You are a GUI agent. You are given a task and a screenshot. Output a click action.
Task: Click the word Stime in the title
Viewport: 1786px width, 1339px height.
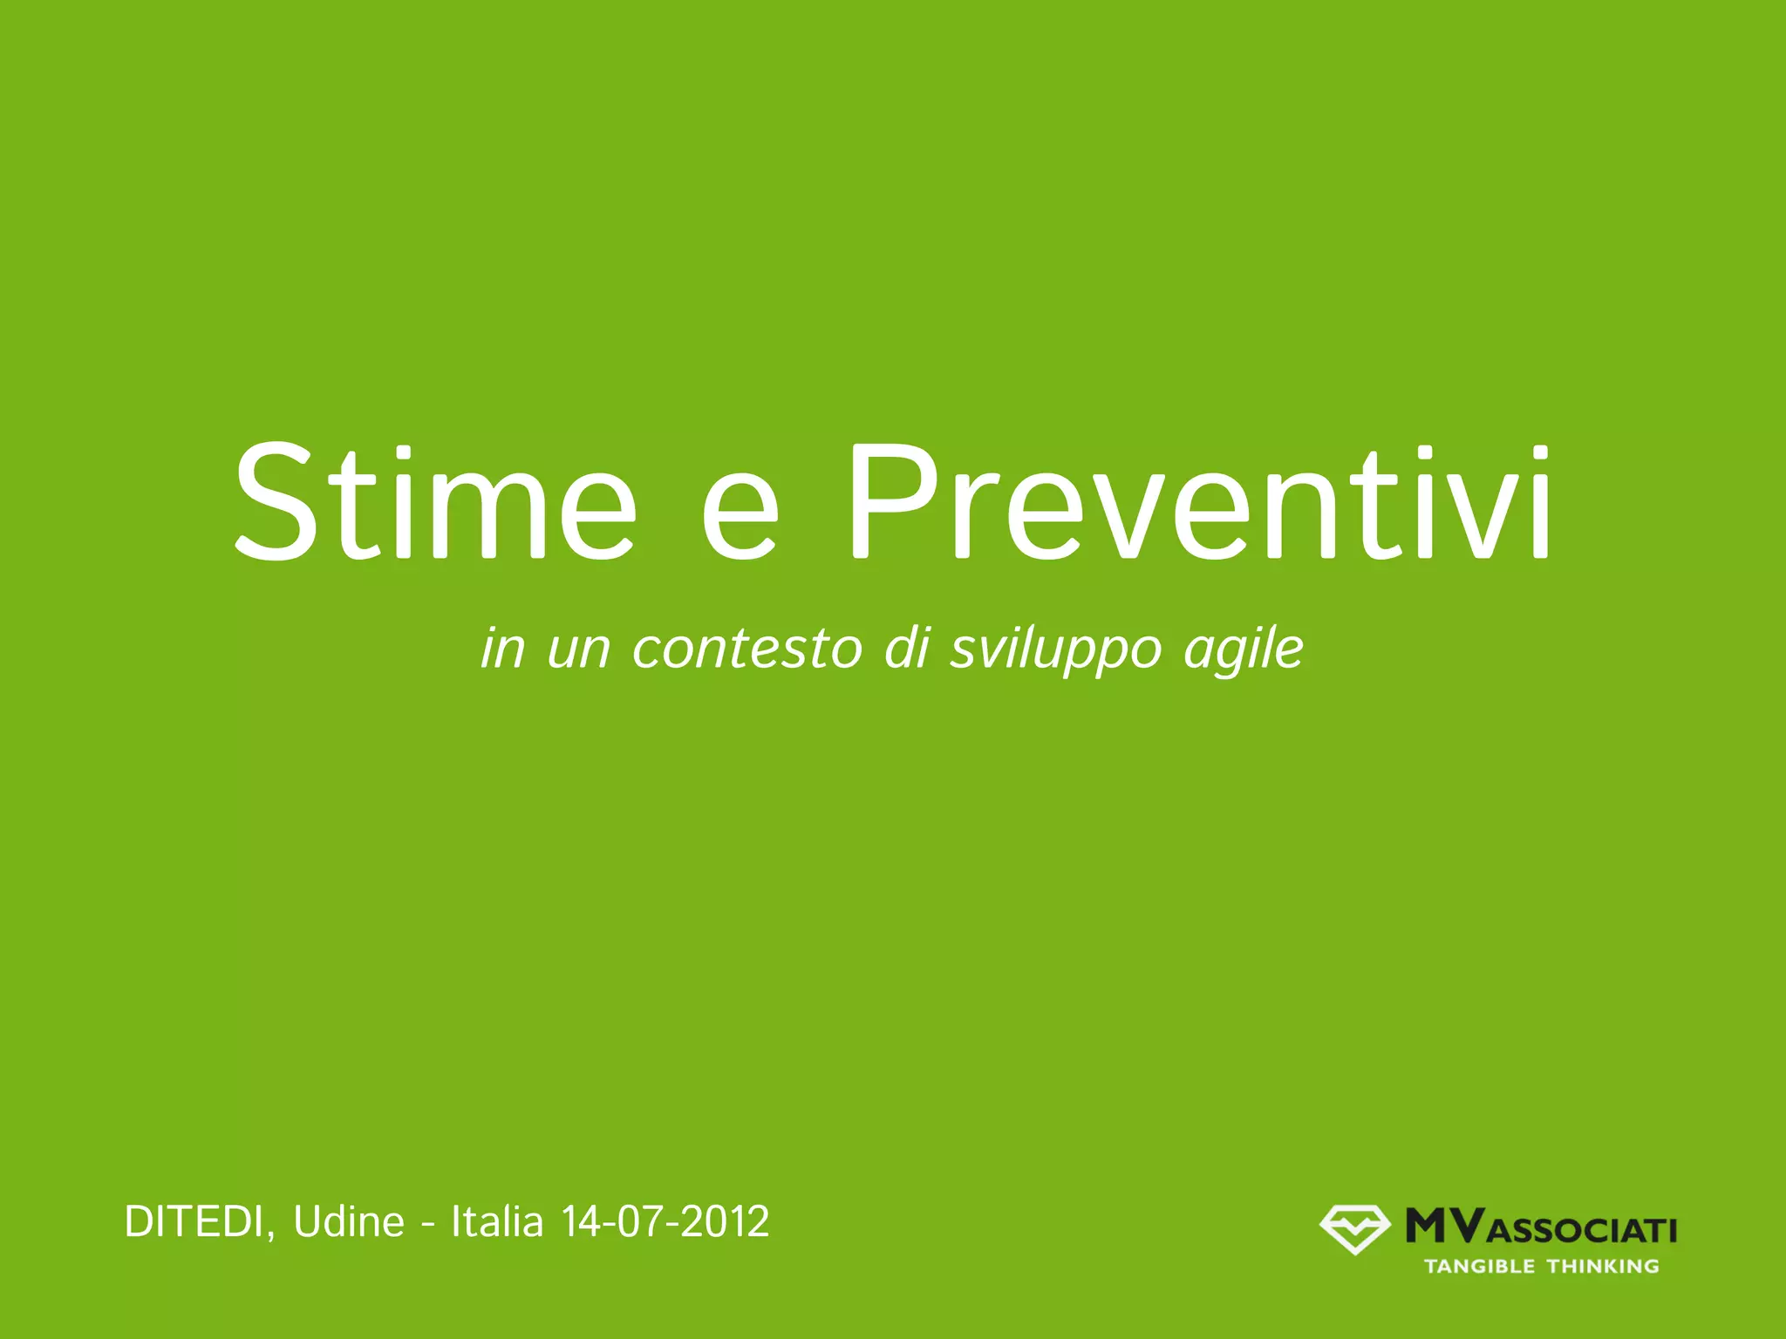pos(434,504)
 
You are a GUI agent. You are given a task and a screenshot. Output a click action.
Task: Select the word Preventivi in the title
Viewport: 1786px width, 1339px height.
pos(1199,504)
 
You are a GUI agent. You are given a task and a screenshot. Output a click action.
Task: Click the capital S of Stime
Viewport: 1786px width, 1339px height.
pos(275,504)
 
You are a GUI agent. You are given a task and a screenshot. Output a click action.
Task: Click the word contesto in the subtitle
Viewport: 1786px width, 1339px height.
pos(746,649)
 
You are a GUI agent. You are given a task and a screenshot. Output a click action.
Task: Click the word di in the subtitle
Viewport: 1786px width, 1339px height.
pos(906,649)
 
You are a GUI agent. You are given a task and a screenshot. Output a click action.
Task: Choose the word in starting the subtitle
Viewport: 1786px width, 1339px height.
pos(503,649)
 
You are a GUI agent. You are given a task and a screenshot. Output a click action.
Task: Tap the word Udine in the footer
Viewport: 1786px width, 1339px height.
pos(349,1222)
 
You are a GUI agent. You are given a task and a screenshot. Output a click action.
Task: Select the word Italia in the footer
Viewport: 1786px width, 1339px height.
pos(497,1222)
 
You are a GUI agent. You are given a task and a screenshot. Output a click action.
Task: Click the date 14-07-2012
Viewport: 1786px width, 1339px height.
pos(665,1222)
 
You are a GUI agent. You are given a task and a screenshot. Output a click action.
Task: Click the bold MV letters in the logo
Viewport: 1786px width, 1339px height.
pos(1444,1226)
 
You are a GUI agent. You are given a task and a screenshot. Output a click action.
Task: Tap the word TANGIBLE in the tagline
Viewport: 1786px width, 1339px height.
pos(1479,1267)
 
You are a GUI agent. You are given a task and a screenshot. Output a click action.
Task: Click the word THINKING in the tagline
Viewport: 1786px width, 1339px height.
pos(1603,1267)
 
